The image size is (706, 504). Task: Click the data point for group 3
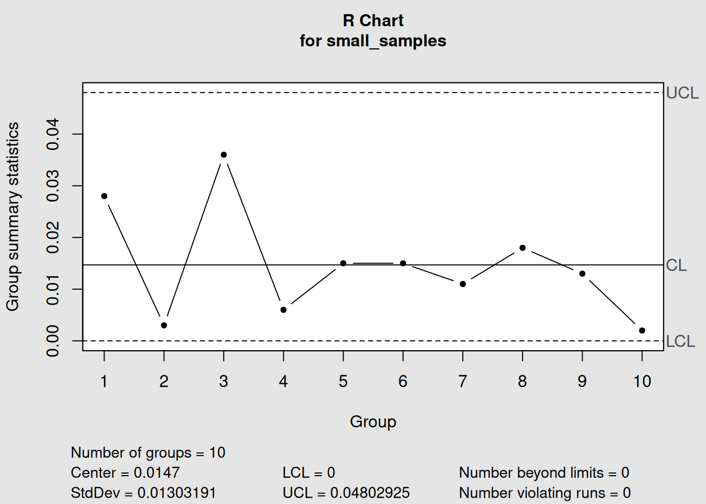point(224,155)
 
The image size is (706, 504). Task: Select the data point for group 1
point(104,196)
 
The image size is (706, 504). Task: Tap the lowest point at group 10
point(642,331)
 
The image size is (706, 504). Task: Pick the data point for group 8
point(522,248)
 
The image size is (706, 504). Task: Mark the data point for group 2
point(164,325)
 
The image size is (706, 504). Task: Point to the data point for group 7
point(463,284)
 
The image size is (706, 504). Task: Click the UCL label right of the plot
point(682,93)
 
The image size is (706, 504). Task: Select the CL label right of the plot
point(676,265)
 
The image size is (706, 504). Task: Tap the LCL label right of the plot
point(680,341)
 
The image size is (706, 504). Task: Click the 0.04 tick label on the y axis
point(53,134)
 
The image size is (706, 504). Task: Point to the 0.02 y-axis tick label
point(53,238)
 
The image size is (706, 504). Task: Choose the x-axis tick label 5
point(343,381)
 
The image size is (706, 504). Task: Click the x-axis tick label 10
point(642,381)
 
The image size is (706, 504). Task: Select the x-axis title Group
point(373,422)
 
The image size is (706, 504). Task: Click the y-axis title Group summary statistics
point(13,216)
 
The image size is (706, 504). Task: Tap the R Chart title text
point(373,20)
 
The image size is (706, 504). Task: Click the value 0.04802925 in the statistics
point(370,493)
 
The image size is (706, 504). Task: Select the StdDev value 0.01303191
point(176,493)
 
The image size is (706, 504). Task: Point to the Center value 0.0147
point(157,472)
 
